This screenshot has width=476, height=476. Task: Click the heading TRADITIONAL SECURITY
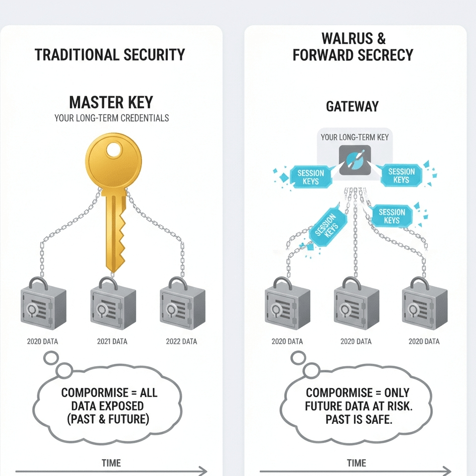(x=110, y=55)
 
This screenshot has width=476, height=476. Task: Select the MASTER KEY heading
(x=111, y=103)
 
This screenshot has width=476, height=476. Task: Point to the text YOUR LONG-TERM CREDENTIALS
(x=111, y=118)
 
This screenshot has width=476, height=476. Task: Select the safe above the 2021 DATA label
(x=111, y=308)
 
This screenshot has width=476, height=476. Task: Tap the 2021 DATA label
(x=112, y=341)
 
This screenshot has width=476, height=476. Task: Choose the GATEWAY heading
(x=352, y=107)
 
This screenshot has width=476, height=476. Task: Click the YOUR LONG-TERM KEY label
(x=354, y=137)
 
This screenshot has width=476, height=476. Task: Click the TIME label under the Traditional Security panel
(x=111, y=463)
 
